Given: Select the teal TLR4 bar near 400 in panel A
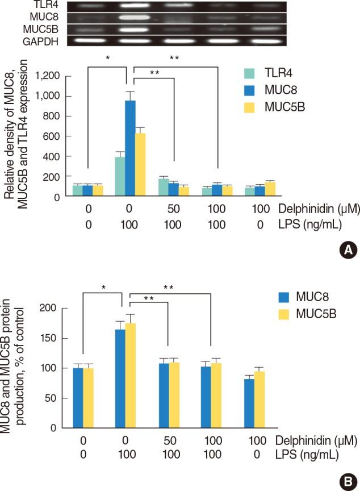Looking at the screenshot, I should [x=120, y=177].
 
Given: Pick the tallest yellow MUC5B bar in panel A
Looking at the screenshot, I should [x=140, y=165].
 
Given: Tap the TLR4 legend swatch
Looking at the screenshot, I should [x=248, y=73].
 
